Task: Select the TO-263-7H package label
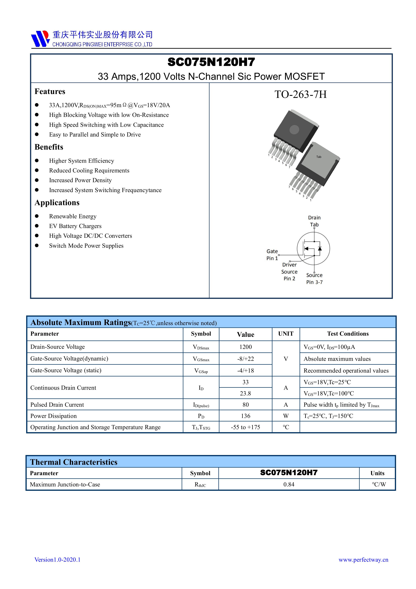300,94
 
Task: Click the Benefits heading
49,147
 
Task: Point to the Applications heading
57,203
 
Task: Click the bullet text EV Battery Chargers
75,226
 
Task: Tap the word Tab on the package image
319,157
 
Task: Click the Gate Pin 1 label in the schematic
272,255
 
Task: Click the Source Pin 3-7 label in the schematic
314,279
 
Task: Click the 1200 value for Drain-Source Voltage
245,347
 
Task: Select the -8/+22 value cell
245,359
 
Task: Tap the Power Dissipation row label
53,416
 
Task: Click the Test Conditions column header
348,334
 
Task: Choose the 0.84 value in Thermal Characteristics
289,484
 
